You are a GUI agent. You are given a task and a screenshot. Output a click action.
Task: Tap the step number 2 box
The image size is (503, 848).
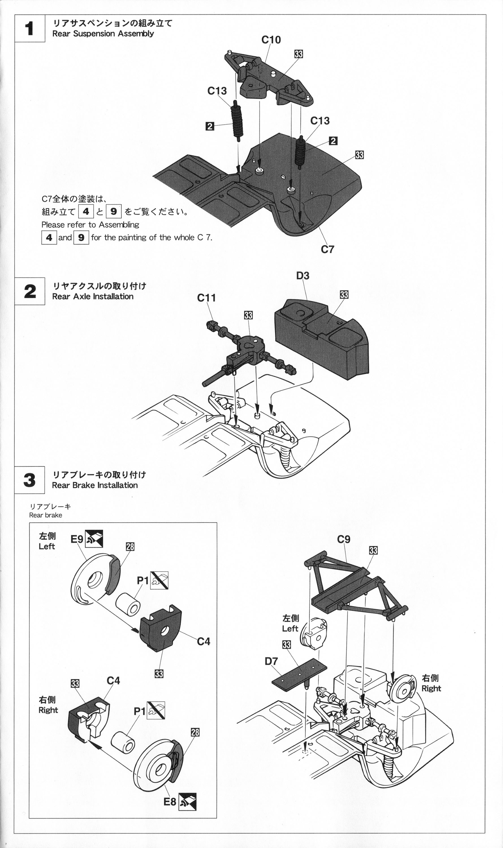[29, 291]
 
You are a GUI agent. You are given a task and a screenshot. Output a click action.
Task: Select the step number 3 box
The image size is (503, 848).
[29, 480]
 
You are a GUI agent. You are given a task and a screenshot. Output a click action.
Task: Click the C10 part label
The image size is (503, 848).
[271, 40]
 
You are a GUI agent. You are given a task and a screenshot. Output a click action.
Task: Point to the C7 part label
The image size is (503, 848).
[327, 249]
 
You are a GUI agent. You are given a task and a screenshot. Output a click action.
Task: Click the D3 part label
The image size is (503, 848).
[303, 276]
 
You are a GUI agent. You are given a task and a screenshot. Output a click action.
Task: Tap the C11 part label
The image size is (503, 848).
[206, 298]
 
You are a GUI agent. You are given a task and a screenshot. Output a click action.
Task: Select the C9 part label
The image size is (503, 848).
[344, 539]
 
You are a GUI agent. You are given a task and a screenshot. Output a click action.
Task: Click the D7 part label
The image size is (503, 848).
[271, 661]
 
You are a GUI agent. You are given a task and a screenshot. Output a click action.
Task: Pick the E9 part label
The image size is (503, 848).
[77, 539]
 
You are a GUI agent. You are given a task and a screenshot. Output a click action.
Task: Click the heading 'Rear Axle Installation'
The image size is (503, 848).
[93, 297]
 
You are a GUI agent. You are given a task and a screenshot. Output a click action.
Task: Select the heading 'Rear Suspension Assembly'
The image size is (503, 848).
[103, 34]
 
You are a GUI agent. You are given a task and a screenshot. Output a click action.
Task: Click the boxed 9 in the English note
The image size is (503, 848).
[81, 237]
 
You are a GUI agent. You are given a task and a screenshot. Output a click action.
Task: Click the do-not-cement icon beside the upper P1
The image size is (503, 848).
[159, 580]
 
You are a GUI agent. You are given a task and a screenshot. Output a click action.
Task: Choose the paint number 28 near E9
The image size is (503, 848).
[130, 546]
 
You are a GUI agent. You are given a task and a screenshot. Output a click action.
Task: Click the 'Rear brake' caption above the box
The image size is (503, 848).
[46, 515]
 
